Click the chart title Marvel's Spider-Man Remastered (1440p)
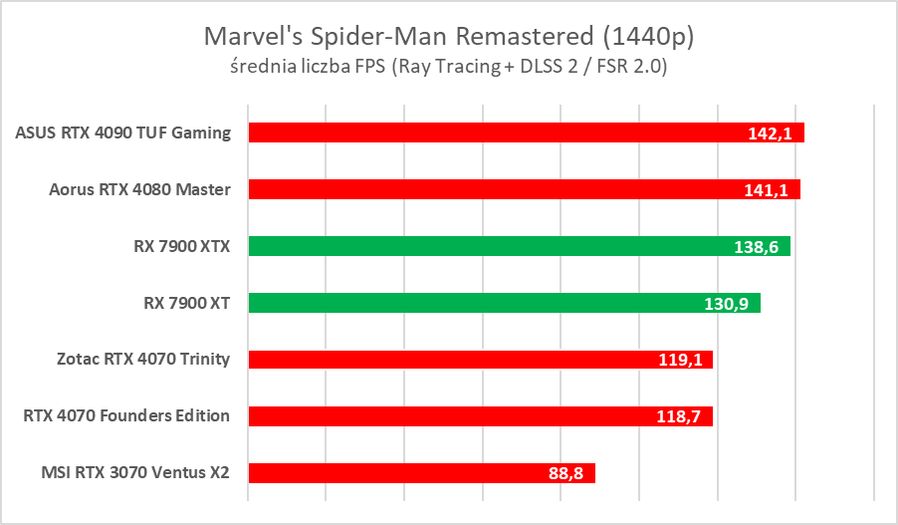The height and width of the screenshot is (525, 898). click(448, 37)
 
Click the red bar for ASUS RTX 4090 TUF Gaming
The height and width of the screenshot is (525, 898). click(498, 132)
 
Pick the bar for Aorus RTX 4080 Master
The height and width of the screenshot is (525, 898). click(498, 189)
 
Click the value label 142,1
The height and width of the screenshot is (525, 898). click(771, 133)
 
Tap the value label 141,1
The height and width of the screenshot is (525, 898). click(768, 190)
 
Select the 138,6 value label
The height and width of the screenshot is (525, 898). click(759, 247)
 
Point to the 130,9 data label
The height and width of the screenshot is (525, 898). click(729, 304)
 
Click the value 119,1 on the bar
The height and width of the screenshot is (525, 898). click(681, 361)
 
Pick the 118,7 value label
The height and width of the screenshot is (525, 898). click(681, 417)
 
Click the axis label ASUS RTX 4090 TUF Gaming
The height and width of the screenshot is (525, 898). click(123, 132)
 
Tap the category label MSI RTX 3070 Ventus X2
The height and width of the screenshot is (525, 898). click(132, 473)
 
